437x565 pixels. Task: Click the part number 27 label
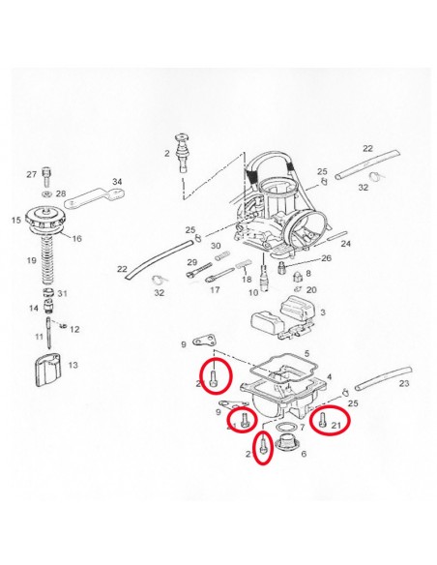[31, 174]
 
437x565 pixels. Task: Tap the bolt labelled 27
[44, 175]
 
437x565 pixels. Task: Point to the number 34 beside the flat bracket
[117, 181]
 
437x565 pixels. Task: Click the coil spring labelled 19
[45, 261]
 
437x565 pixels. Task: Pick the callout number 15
[15, 221]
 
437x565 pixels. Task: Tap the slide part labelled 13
[46, 371]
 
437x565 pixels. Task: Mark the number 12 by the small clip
[74, 329]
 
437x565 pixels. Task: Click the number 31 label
[62, 294]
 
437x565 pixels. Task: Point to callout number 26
[325, 258]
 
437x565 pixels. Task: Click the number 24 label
[346, 244]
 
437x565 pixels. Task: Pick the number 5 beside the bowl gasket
[306, 354]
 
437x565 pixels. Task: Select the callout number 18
[246, 278]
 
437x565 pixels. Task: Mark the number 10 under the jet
[253, 291]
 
